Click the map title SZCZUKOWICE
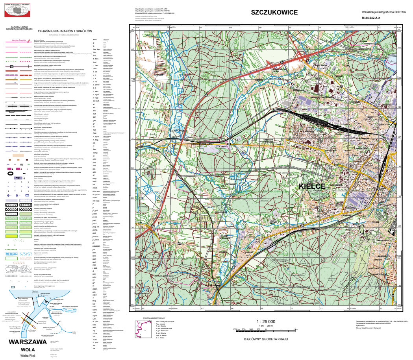pos(274,13)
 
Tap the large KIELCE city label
pos(312,186)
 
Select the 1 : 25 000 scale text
pos(266,322)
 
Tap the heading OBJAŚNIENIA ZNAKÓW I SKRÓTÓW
pos(65,31)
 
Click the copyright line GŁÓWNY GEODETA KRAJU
pos(266,339)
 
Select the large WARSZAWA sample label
pos(28,342)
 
